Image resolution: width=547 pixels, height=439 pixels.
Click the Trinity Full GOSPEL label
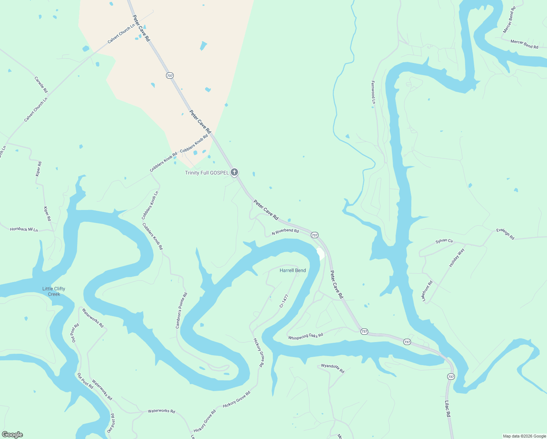pos(207,173)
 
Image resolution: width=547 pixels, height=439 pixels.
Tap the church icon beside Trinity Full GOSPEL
pos(234,172)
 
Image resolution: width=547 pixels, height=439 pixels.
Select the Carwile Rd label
pos(41,85)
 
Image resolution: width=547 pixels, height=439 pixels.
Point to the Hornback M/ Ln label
pos(24,229)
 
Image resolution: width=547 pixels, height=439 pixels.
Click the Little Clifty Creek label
pos(54,291)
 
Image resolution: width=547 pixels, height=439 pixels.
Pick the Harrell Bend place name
pos(293,270)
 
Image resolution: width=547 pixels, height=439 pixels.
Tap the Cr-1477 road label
pos(284,300)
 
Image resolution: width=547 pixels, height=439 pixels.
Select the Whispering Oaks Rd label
pos(306,336)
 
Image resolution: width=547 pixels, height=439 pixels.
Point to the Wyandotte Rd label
pos(333,368)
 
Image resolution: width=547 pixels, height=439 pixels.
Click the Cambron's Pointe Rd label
pos(181,310)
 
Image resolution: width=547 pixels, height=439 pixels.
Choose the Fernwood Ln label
pos(373,92)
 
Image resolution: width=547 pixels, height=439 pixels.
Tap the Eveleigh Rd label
pos(505,234)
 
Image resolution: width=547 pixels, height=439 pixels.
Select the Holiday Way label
pos(456,257)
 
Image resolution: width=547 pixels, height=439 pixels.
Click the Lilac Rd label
pos(448,409)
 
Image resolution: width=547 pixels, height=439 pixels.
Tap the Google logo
pos(12,435)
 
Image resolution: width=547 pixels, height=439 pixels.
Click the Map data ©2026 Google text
pos(524,436)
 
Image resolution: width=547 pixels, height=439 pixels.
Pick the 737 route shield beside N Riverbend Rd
pos(314,235)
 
